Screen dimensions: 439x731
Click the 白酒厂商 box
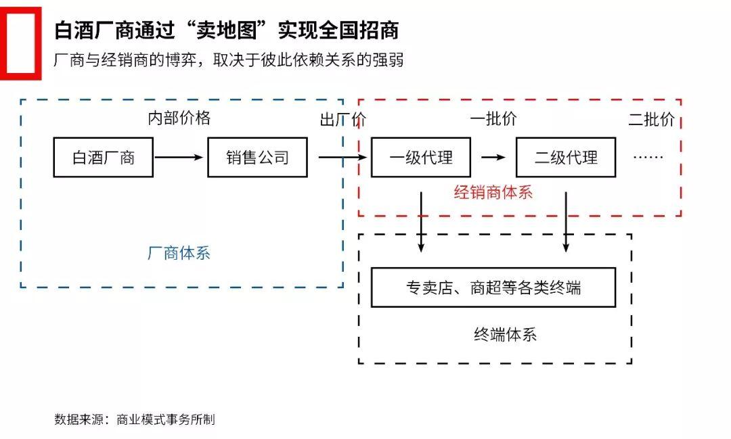pyautogui.click(x=103, y=158)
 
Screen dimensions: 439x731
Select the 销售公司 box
pyautogui.click(x=257, y=158)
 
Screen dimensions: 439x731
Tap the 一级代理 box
pyautogui.click(x=421, y=158)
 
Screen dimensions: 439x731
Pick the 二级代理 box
pyautogui.click(x=566, y=158)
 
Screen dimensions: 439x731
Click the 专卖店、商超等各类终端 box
pyautogui.click(x=493, y=287)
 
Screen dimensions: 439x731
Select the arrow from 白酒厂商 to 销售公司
pyautogui.click(x=179, y=157)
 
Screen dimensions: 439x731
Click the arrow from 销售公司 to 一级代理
pyautogui.click(x=342, y=158)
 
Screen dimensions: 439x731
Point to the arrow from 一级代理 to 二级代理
pyautogui.click(x=493, y=158)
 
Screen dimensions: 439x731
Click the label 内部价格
pyautogui.click(x=179, y=118)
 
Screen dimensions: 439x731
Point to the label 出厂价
pyautogui.click(x=343, y=120)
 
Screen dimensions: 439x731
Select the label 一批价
pyautogui.click(x=493, y=119)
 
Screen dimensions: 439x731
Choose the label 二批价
pyautogui.click(x=651, y=120)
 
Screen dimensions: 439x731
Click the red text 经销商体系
pyautogui.click(x=493, y=192)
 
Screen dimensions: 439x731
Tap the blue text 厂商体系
pyautogui.click(x=179, y=253)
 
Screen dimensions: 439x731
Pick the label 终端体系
pyautogui.click(x=505, y=334)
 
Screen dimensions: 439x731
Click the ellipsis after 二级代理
pyautogui.click(x=648, y=158)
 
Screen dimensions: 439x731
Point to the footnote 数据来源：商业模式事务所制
pyautogui.click(x=135, y=419)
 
